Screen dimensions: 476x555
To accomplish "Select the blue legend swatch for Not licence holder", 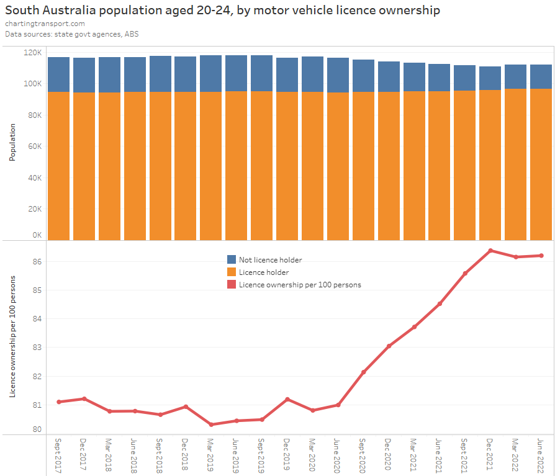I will (232, 259).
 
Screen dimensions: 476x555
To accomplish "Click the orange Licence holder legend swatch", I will (232, 272).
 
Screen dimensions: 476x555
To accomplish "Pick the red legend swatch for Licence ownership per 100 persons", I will (232, 284).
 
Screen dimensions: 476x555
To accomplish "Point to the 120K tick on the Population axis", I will (32, 53).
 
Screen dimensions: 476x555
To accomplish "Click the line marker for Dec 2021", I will (490, 251).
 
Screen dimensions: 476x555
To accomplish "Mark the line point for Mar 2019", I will (211, 424).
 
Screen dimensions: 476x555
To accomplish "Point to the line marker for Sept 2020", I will (363, 372).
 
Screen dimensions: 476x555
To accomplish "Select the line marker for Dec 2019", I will (287, 399).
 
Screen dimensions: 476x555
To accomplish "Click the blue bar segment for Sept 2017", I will (59, 74).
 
